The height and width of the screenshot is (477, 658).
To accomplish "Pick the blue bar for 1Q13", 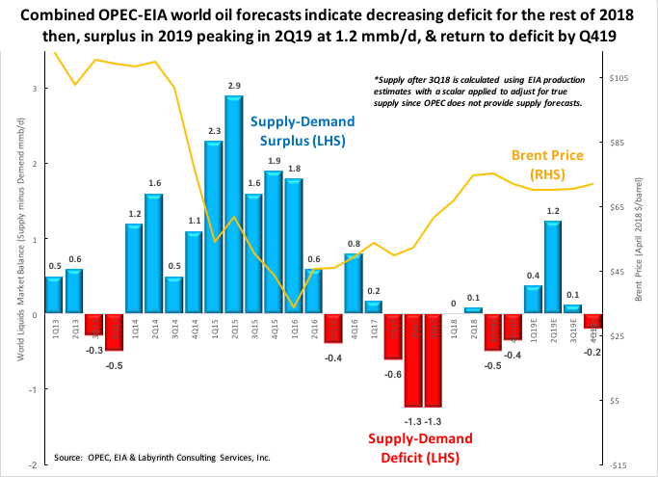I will click(54, 295).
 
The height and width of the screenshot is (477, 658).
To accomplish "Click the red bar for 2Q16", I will click(333, 329).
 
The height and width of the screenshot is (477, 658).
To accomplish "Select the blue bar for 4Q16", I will click(354, 283).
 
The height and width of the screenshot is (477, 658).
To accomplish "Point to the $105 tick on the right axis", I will click(618, 77).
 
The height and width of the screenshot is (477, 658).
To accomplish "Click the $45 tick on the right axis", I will click(616, 272).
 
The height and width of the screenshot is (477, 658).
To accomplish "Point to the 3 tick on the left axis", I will click(35, 89).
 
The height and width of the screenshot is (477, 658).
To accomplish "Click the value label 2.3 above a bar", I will click(214, 130).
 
